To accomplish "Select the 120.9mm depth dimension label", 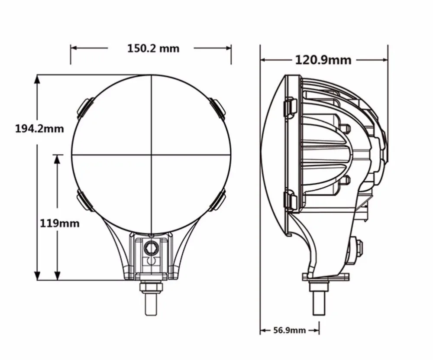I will [323, 60].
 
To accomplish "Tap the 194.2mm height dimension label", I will [39, 129].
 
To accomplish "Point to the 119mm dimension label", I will [60, 224].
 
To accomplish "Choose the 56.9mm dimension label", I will [290, 331].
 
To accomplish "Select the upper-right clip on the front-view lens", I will [216, 108].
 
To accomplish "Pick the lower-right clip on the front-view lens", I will [216, 201].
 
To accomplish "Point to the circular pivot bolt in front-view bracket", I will [151, 248].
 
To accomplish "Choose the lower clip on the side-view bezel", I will [290, 201].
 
